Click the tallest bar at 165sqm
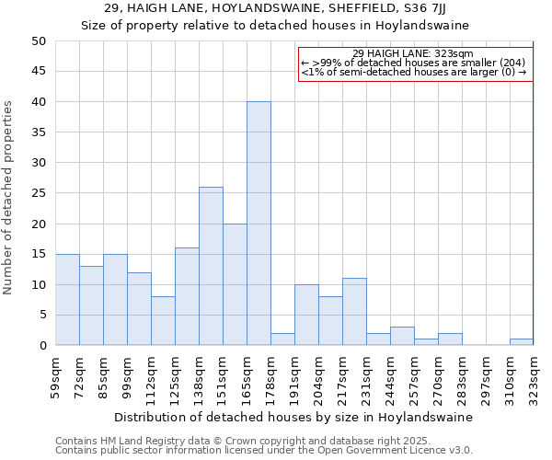pyautogui.click(x=259, y=224)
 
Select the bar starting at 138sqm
pyautogui.click(x=211, y=266)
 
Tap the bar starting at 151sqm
pyautogui.click(x=235, y=284)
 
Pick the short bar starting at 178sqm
pyautogui.click(x=282, y=339)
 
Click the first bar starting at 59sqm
pyautogui.click(x=67, y=300)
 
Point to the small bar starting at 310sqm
pyautogui.click(x=521, y=342)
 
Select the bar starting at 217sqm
pyautogui.click(x=354, y=312)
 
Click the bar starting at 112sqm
pyautogui.click(x=163, y=321)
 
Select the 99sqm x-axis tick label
pyautogui.click(x=127, y=379)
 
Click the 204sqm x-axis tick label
pyautogui.click(x=318, y=379)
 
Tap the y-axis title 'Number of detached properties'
pyautogui.click(x=9, y=198)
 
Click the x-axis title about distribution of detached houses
pyautogui.click(x=293, y=417)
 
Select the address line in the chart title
pyautogui.click(x=275, y=8)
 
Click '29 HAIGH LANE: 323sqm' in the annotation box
pyautogui.click(x=412, y=53)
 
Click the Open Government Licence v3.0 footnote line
pyautogui.click(x=264, y=451)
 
